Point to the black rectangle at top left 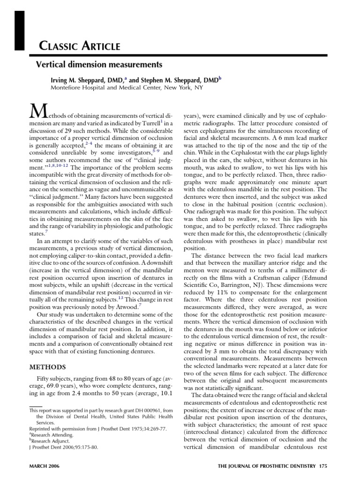[20, 25]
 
